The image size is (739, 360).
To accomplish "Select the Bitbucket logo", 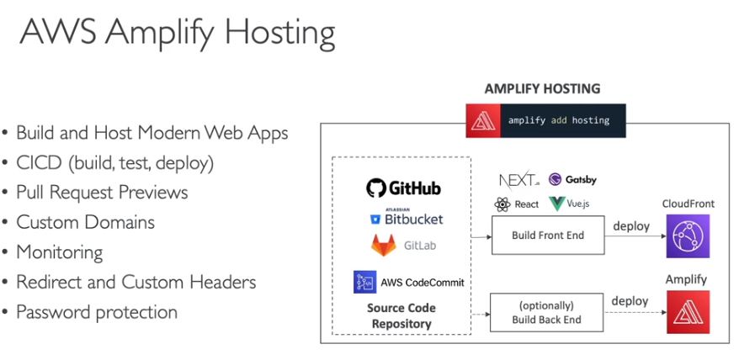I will (407, 218).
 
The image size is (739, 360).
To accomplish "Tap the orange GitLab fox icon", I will (384, 246).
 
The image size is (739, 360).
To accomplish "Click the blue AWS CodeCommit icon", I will (364, 282).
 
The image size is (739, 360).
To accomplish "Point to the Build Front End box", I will (547, 236).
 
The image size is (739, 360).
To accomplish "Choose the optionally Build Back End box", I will (547, 312).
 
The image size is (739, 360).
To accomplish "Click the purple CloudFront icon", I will (688, 236).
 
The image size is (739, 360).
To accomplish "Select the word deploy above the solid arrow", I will (630, 225).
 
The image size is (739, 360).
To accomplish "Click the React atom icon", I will (503, 204).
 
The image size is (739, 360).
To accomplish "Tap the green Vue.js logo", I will (557, 204).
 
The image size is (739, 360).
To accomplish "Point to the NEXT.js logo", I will (518, 180).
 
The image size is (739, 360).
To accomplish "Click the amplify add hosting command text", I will (558, 120).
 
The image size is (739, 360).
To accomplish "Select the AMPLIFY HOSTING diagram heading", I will (542, 88).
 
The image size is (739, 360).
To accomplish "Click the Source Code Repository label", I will (400, 315).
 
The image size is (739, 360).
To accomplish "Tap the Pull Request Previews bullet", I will (102, 192).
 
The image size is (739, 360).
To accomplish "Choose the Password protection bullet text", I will (97, 312).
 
